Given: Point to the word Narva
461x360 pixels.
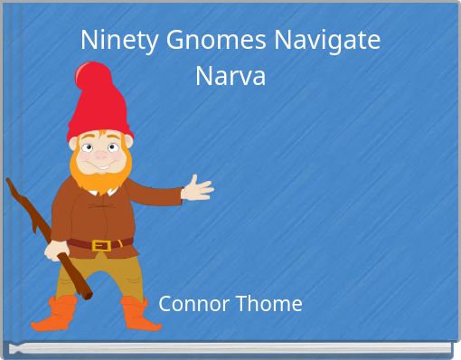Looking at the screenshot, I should click(x=230, y=76).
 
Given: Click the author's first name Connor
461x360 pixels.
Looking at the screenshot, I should click(x=193, y=304).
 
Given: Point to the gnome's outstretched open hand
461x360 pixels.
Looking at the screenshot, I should click(x=197, y=189).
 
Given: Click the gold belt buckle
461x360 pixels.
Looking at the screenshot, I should click(x=101, y=244).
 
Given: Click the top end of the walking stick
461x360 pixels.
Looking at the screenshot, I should click(x=11, y=184).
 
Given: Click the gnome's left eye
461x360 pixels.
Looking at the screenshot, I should click(x=89, y=147).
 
